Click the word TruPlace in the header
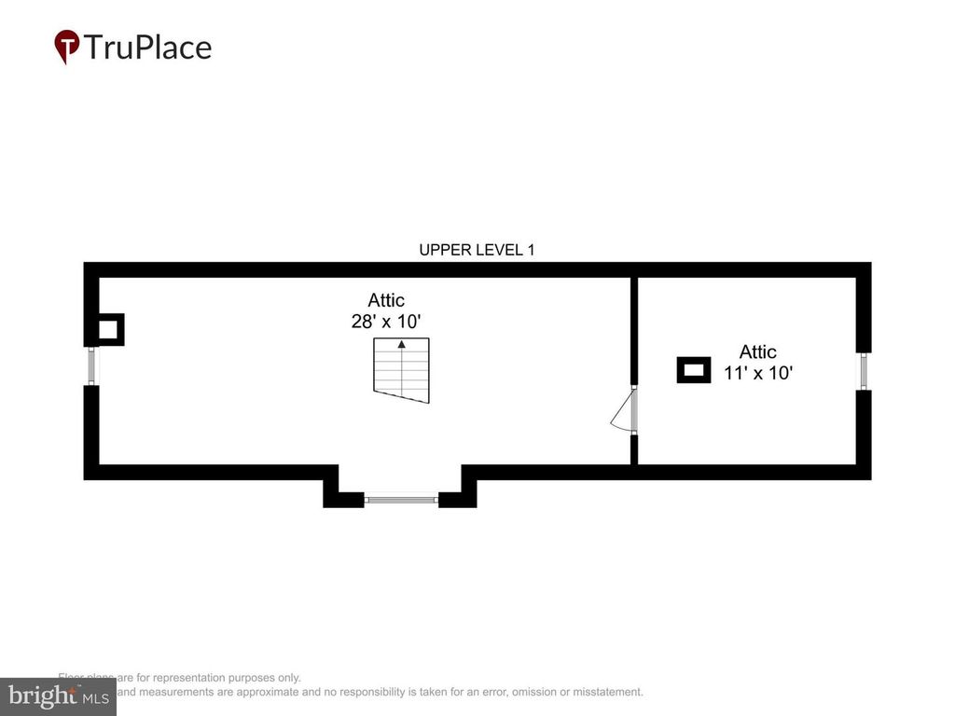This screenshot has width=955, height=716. tap(147, 47)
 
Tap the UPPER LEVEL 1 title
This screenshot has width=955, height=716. tap(477, 250)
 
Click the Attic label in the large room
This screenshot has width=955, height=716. tap(386, 300)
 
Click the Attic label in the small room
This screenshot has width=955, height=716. tap(757, 351)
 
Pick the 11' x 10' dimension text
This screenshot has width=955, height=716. tap(758, 373)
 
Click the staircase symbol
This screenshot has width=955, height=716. tap(402, 370)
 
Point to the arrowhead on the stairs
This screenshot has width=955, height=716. tap(402, 344)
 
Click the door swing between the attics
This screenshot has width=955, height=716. tap(623, 411)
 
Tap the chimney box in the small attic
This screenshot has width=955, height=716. tap(694, 370)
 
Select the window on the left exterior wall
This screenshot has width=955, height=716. tap(91, 365)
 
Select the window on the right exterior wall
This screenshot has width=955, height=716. tap(865, 371)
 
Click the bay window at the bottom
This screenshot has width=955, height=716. tap(401, 500)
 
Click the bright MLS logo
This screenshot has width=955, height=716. tap(58, 696)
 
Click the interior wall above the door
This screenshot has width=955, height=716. tap(633, 331)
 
